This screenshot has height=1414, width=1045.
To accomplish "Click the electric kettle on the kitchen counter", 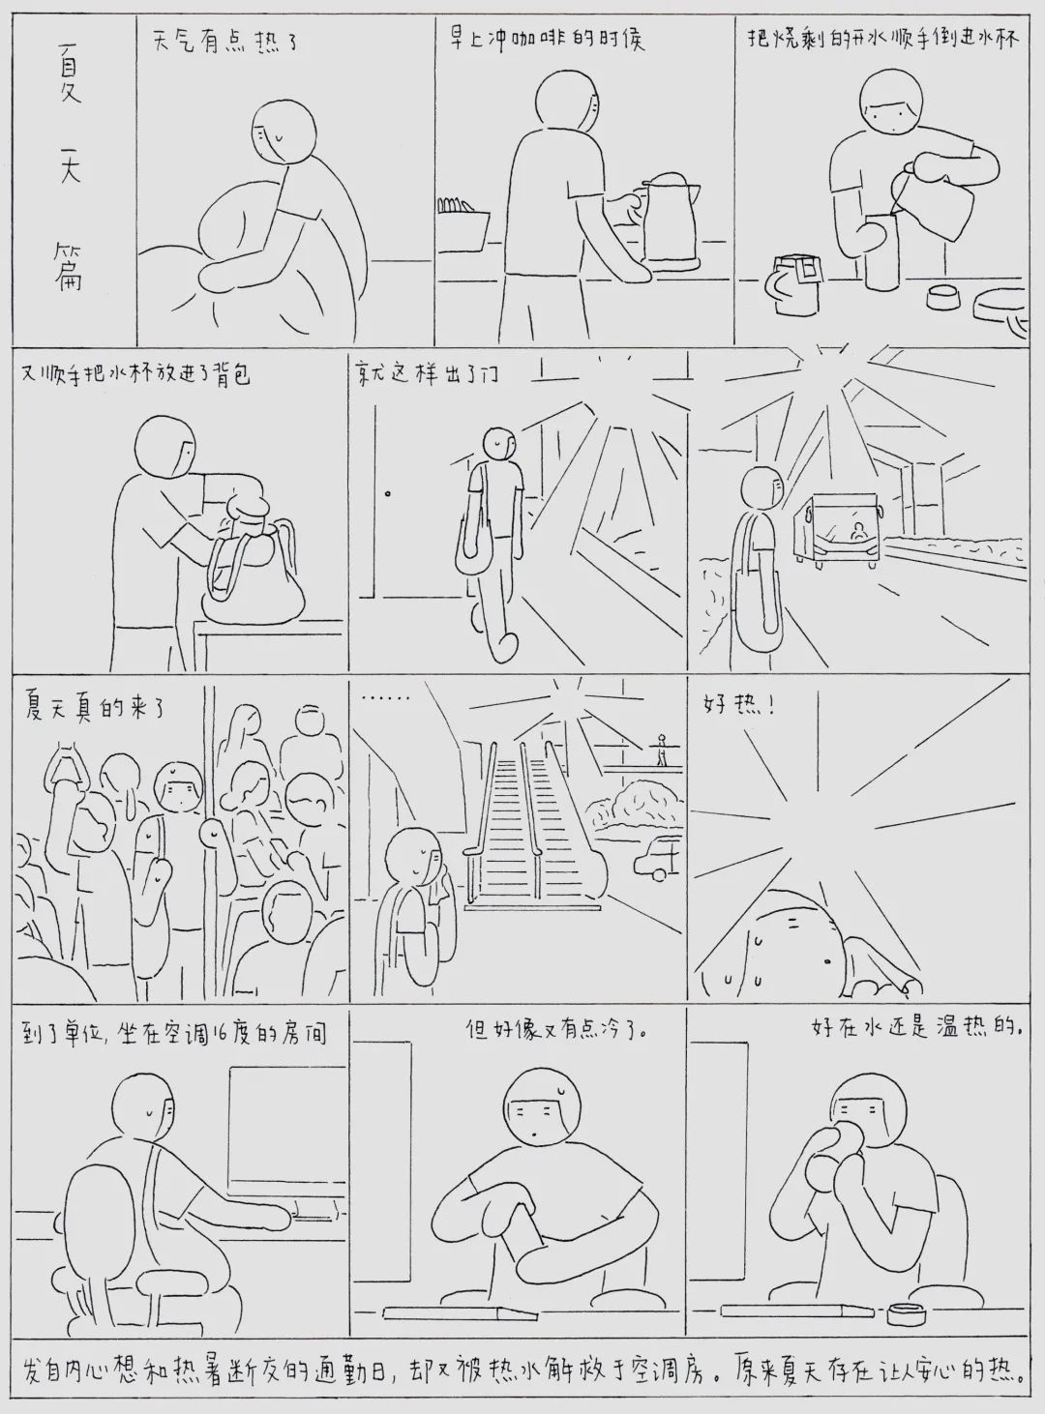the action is click(x=671, y=220).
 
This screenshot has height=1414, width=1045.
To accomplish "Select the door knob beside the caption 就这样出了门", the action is click(x=388, y=493).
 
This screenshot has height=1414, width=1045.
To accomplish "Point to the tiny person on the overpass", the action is click(x=662, y=751).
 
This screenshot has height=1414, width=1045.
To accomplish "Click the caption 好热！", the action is click(x=738, y=707).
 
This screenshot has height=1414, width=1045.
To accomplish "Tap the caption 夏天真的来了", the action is click(x=94, y=709).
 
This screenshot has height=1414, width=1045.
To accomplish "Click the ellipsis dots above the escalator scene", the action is click(x=384, y=698).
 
